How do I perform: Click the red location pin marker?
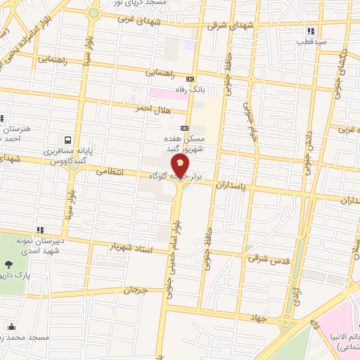point(181,166)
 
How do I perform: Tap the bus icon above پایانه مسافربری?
point(67,139)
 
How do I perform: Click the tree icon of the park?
point(8,265)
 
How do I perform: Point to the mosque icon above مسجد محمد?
point(11,326)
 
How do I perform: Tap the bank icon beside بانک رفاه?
point(190,79)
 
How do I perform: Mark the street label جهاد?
point(259,318)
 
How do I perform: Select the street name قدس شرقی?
point(267,258)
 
